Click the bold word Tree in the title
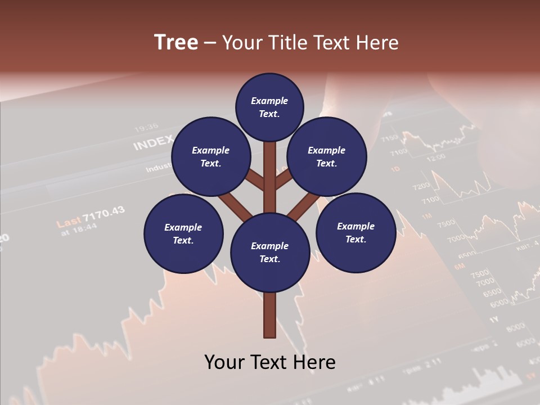[x=176, y=43]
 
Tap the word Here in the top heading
[x=376, y=43]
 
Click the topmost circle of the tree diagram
[x=269, y=107]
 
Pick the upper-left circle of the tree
[x=211, y=156]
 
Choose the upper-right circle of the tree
[x=327, y=156]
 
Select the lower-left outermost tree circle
[x=183, y=233]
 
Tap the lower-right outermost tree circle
[x=355, y=232]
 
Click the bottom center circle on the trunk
[x=270, y=252]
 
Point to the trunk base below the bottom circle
[x=270, y=315]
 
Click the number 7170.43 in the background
[x=103, y=214]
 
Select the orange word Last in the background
[x=69, y=221]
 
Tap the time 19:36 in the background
[x=146, y=127]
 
